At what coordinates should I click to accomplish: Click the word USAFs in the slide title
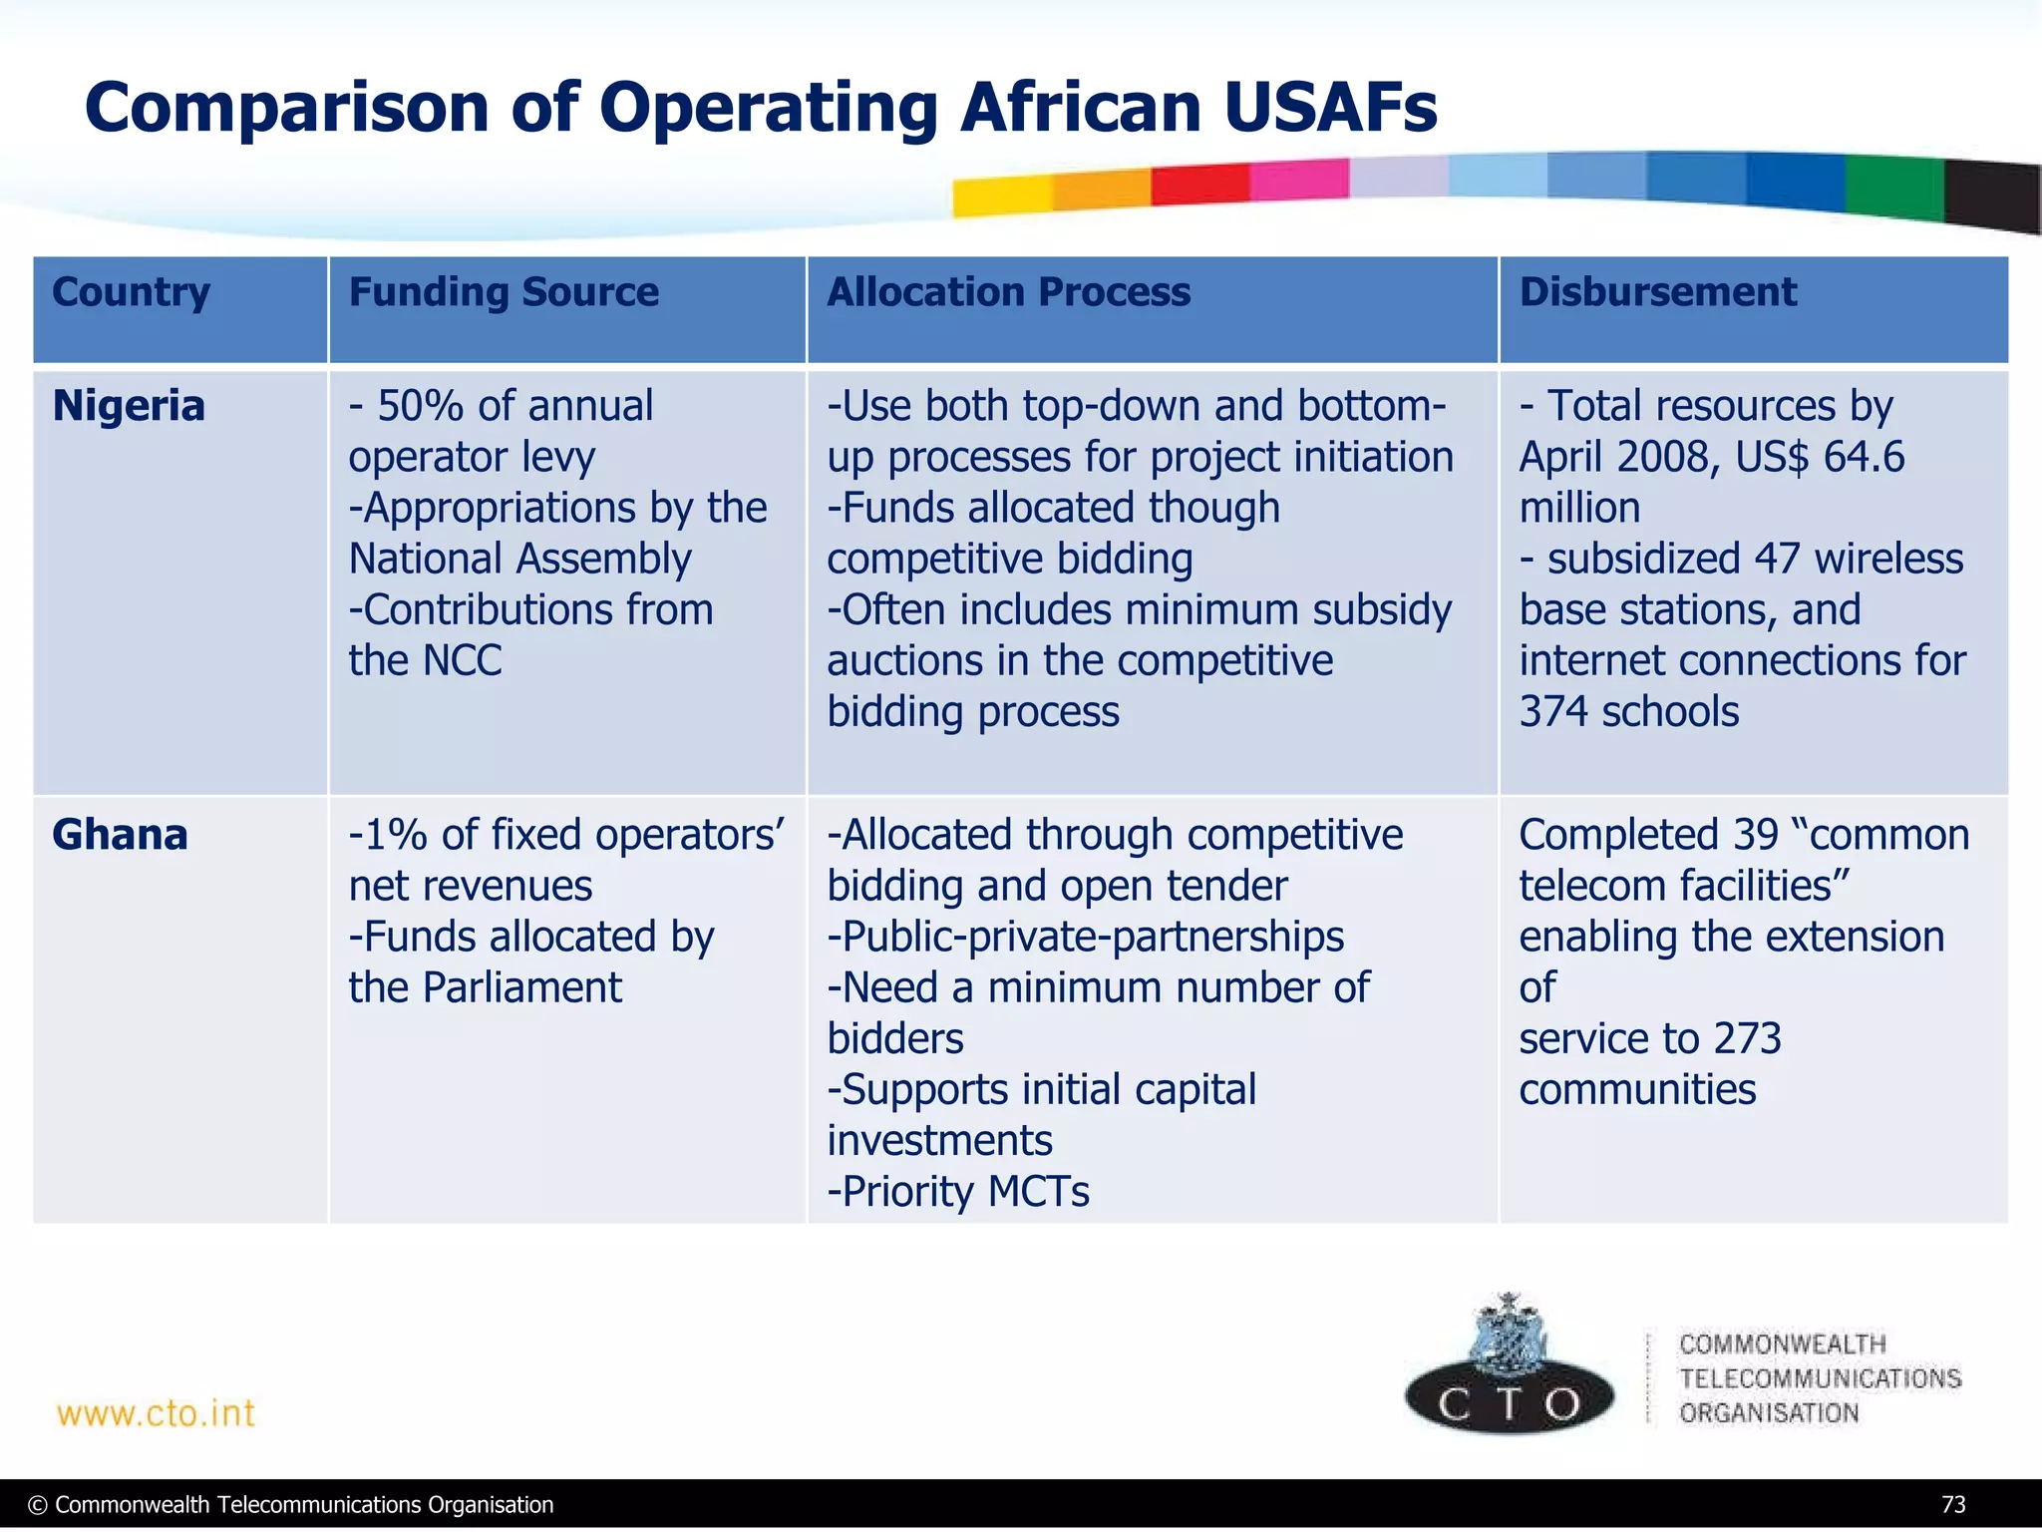[1330, 108]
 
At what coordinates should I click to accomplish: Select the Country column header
[131, 292]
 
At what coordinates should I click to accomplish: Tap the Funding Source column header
[504, 292]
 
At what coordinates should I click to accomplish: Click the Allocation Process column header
[1008, 292]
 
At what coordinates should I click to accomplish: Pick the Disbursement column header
[1657, 292]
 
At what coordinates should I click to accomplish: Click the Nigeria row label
[129, 406]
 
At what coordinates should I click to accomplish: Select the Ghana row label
[120, 835]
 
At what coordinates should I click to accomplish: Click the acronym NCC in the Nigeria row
[462, 660]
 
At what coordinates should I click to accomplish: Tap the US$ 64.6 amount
[1819, 457]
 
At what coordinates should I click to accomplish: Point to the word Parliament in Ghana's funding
[521, 987]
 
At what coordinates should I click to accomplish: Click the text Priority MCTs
[958, 1191]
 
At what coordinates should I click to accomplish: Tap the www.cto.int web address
[157, 1413]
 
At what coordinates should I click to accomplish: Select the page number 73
[1953, 1504]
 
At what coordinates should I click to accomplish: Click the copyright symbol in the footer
[38, 1505]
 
